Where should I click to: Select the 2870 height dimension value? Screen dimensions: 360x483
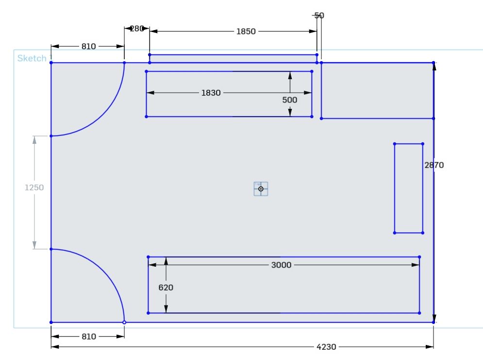coord(434,165)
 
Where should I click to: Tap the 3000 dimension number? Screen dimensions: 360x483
coord(281,265)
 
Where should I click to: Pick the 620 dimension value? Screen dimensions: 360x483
coord(166,288)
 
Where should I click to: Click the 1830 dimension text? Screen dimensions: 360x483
coord(211,93)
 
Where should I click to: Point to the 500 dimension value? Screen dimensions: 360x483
coord(290,100)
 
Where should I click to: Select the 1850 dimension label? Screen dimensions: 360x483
coord(246,32)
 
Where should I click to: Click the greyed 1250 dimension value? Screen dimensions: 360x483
coord(34,188)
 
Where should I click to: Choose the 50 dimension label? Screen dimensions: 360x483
coord(319,16)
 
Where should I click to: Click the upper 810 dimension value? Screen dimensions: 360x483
coord(88,47)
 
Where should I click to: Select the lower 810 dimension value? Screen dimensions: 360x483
coord(88,336)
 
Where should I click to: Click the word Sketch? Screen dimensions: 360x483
coord(32,58)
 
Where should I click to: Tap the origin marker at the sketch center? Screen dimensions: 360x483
coord(261,189)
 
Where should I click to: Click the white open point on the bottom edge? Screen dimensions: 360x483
coord(124,322)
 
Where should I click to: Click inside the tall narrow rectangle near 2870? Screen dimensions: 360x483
coord(408,188)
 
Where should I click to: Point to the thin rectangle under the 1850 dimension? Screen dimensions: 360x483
coord(233,59)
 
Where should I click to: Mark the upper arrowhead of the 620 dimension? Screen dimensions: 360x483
coord(166,261)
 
